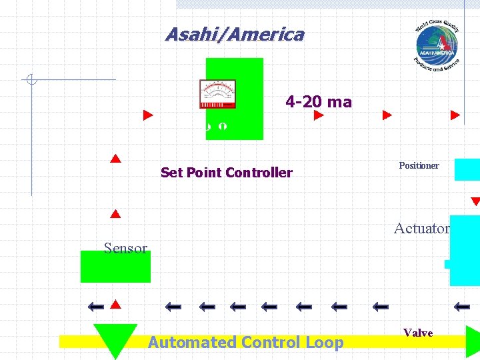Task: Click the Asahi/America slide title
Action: [234, 35]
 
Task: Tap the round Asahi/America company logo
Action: [437, 45]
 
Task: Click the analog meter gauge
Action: [217, 94]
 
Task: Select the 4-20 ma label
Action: [318, 102]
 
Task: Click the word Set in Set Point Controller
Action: [171, 173]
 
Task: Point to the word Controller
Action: [259, 173]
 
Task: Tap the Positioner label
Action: [419, 165]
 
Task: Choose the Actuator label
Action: [421, 228]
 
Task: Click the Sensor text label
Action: [125, 248]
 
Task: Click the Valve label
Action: [418, 333]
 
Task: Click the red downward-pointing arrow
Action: [475, 201]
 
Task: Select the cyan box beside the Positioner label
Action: [467, 169]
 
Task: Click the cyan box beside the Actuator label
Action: [465, 250]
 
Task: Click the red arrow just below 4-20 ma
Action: [319, 115]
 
